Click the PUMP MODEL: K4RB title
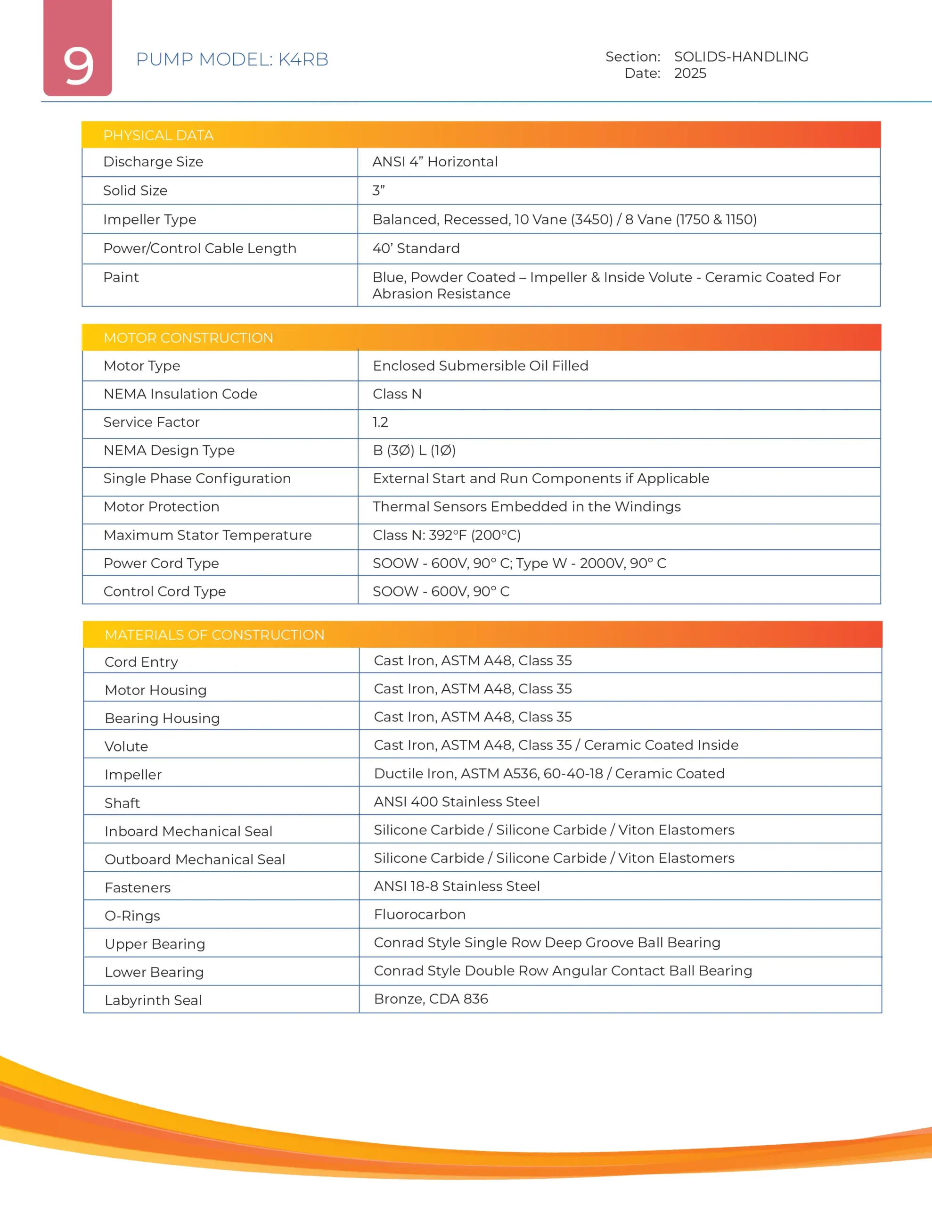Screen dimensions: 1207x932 [232, 59]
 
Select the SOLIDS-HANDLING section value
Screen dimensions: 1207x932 [741, 57]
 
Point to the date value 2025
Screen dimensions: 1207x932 [690, 74]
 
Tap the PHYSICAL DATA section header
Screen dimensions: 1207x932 [158, 135]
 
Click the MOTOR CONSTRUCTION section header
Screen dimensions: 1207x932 [188, 338]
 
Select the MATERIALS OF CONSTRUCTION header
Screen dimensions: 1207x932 [214, 635]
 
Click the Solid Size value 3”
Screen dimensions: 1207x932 [378, 190]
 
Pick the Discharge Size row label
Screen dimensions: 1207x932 [153, 162]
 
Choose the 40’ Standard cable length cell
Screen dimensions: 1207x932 [416, 248]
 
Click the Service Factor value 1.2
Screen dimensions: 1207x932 [381, 422]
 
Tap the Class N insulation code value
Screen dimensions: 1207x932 [397, 394]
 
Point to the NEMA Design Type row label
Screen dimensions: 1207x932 [169, 450]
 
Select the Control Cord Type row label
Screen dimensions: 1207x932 [164, 591]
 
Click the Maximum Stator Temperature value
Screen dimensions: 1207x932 [446, 535]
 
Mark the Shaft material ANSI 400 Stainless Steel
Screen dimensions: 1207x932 [456, 802]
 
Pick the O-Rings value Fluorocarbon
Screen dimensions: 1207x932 [419, 914]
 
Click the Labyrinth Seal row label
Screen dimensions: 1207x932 [153, 1000]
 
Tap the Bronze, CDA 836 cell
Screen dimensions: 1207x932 [431, 999]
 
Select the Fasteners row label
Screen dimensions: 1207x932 [138, 887]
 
